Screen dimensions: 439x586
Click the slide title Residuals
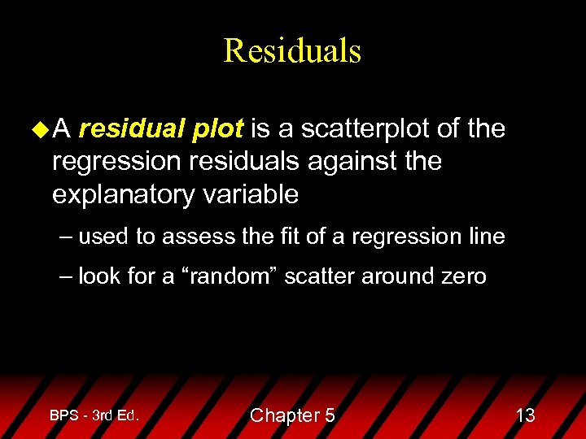[292, 50]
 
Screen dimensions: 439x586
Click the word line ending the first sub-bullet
[487, 237]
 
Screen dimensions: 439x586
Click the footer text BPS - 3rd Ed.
[94, 415]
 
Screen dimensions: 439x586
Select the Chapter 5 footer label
[292, 415]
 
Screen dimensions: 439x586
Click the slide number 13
[526, 415]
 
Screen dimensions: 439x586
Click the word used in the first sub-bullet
[104, 237]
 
